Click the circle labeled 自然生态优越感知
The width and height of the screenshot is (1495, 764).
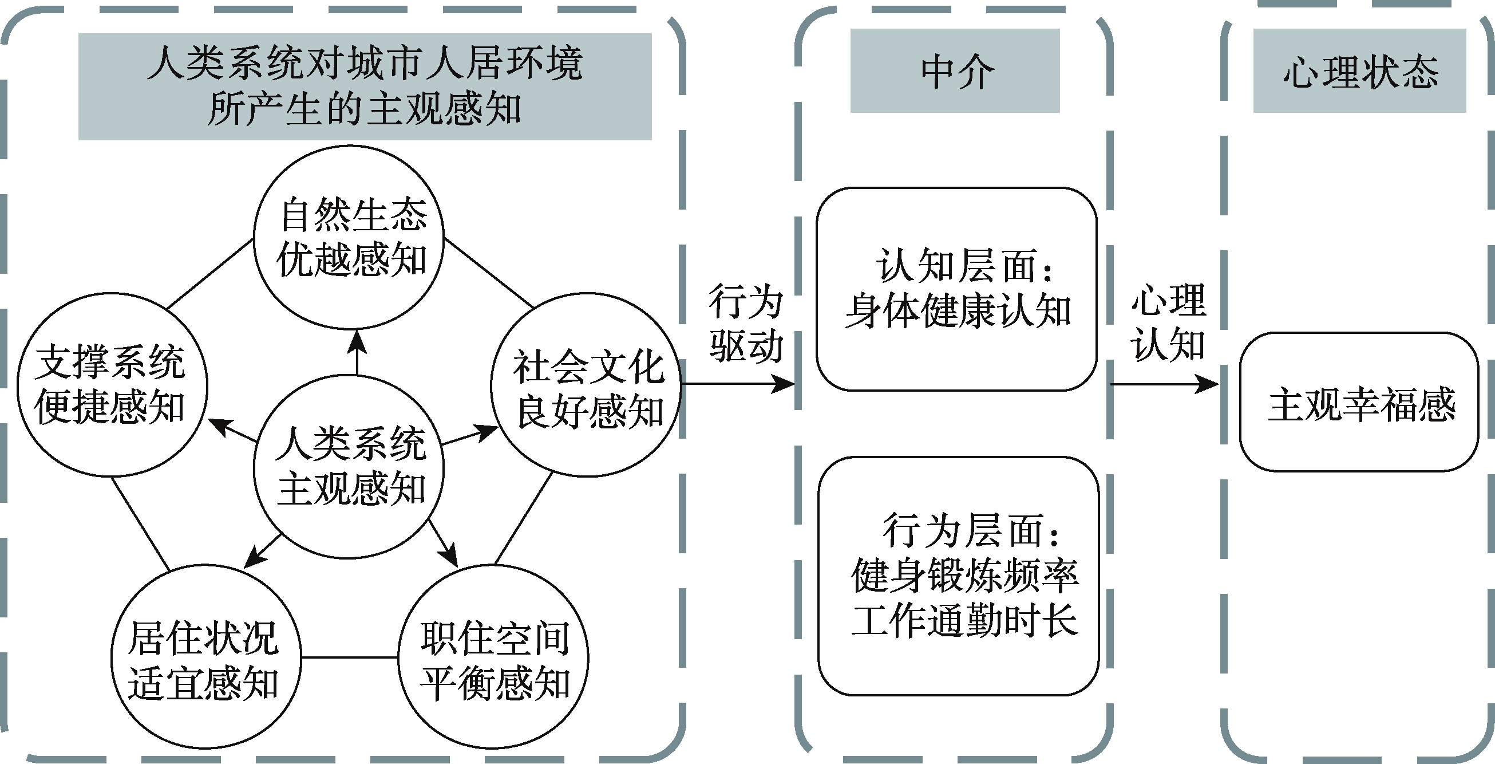point(349,238)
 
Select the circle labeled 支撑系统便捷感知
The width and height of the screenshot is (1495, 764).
point(112,384)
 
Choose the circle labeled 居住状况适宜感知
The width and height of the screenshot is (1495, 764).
point(206,657)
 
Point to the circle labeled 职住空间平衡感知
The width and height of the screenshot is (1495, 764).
point(493,657)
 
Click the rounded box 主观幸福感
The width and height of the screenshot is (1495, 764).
point(1358,401)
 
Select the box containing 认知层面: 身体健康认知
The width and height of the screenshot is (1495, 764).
point(956,289)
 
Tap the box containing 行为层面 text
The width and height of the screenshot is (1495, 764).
point(958,576)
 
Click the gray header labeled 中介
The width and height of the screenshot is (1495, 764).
point(955,71)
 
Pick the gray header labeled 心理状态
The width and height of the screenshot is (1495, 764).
point(1359,71)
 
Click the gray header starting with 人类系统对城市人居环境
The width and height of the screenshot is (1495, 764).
point(365,86)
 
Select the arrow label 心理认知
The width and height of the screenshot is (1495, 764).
point(1168,322)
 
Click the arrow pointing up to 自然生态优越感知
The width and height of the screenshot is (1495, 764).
point(357,352)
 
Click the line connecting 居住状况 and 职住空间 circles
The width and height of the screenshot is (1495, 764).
point(349,657)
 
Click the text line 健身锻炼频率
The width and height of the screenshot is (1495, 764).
point(964,576)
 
